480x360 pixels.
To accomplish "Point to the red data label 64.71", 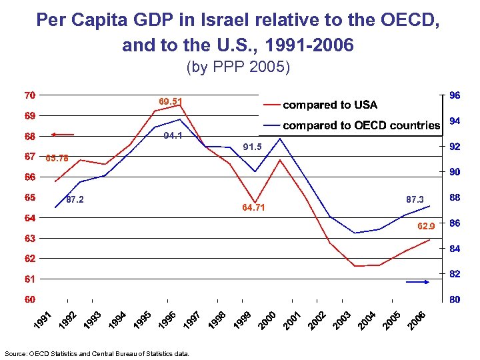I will [253, 207].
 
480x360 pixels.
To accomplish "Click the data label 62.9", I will [427, 227].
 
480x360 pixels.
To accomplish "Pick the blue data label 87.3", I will [415, 199].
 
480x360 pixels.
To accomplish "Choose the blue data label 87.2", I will [74, 199].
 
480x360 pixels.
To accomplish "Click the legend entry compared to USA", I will [330, 105].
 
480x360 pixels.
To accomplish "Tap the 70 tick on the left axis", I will [29, 95].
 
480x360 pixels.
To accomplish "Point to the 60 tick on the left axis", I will [29, 299].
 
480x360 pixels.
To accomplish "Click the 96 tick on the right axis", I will [453, 95].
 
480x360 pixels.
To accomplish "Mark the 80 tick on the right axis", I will [453, 300].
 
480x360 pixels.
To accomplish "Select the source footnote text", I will [97, 353].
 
